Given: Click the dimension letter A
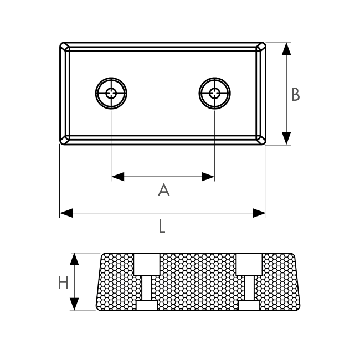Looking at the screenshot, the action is tap(164, 190).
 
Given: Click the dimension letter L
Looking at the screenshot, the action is tap(162, 226).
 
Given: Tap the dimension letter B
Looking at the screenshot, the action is tap(295, 94).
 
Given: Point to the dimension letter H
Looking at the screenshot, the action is tap(63, 282).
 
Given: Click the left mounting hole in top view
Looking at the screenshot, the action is tap(111, 93).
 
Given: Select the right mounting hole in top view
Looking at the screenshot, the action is tap(215, 93).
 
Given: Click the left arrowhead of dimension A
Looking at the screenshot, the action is tap(118, 177).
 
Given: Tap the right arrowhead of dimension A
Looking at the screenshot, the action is tap(208, 177).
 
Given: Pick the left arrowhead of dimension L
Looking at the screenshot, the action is tap(66, 213).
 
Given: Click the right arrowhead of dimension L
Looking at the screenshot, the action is tap(259, 213).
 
